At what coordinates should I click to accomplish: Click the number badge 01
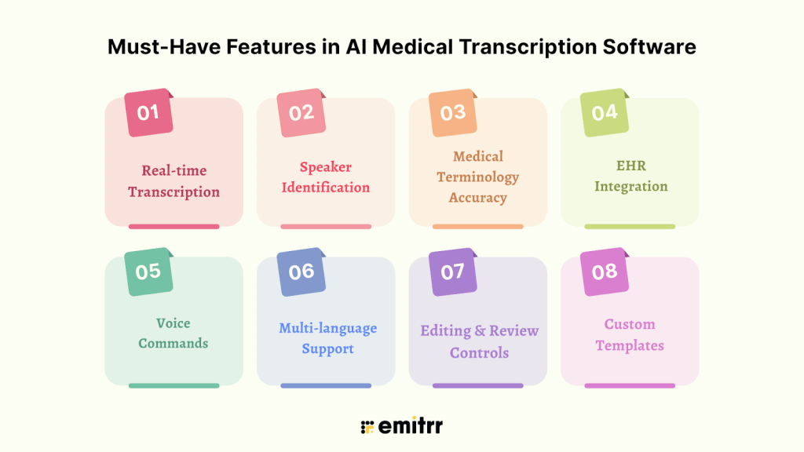[x=148, y=112]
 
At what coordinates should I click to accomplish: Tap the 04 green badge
[x=605, y=112]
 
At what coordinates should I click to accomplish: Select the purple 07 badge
[x=453, y=272]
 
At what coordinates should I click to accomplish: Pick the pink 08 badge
[x=605, y=272]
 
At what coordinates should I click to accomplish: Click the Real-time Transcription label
[x=174, y=181]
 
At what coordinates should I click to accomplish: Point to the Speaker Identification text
[x=326, y=177]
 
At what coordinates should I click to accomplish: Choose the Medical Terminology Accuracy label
[x=477, y=177]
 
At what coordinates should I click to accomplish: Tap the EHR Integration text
[x=630, y=177]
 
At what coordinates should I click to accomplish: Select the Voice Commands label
[x=173, y=333]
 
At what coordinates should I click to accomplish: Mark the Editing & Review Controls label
[x=479, y=341]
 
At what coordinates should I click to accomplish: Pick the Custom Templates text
[x=630, y=334]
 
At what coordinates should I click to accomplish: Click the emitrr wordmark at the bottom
[x=410, y=427]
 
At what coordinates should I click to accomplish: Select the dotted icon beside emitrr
[x=366, y=427]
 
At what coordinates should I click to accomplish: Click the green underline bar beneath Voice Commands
[x=174, y=385]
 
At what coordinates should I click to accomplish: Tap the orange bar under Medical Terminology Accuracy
[x=477, y=227]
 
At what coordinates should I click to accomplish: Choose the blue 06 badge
[x=301, y=272]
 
